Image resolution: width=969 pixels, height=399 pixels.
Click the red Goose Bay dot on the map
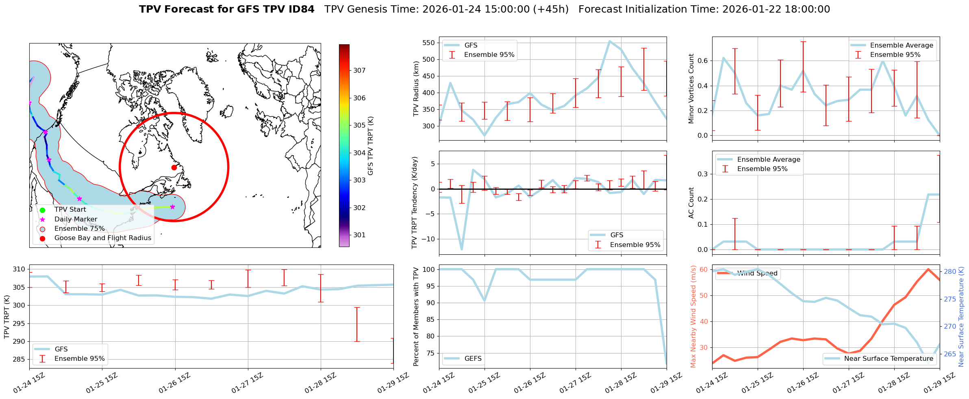pyautogui.click(x=174, y=167)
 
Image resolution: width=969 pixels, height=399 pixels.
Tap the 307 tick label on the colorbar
pyautogui.click(x=359, y=70)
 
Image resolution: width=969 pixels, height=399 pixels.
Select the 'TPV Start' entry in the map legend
pyautogui.click(x=70, y=210)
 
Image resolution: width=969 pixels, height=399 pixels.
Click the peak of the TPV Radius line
pyautogui.click(x=610, y=41)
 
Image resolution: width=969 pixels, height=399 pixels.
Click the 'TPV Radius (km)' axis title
pyautogui.click(x=416, y=89)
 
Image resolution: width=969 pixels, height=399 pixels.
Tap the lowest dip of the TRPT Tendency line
pyautogui.click(x=462, y=249)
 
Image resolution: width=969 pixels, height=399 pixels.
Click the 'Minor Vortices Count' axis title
pyautogui.click(x=691, y=89)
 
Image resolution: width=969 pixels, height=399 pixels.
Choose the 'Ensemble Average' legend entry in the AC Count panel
pyautogui.click(x=768, y=160)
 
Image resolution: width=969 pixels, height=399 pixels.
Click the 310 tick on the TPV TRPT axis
pyautogui.click(x=19, y=269)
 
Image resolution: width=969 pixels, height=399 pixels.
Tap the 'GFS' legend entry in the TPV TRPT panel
pyautogui.click(x=61, y=349)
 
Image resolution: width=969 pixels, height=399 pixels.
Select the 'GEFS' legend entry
pyautogui.click(x=473, y=359)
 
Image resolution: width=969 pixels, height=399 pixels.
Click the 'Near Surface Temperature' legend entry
pyautogui.click(x=888, y=359)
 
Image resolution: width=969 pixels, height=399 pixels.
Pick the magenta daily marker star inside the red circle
pyautogui.click(x=172, y=207)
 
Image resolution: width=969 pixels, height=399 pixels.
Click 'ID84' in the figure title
pyautogui.click(x=300, y=9)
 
